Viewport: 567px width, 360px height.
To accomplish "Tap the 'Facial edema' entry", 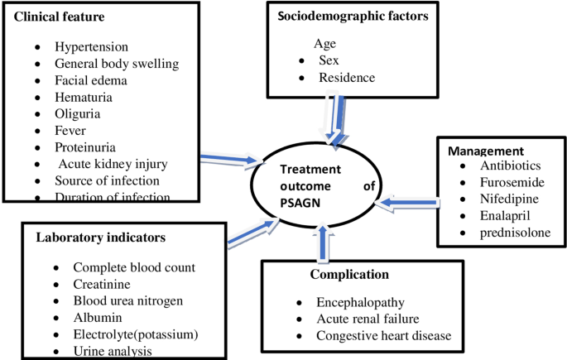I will point(91,80).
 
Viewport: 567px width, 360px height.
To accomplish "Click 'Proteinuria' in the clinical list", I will point(86,146).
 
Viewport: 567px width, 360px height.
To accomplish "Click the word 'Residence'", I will point(347,78).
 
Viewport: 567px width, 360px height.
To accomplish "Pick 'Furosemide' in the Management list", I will point(512,183).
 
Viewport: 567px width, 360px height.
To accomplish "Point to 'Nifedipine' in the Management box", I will point(510,199).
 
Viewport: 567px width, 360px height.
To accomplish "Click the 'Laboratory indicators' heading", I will point(100,238).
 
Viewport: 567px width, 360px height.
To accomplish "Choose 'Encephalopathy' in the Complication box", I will point(358,303).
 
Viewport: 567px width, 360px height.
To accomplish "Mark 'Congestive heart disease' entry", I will point(382,335).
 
